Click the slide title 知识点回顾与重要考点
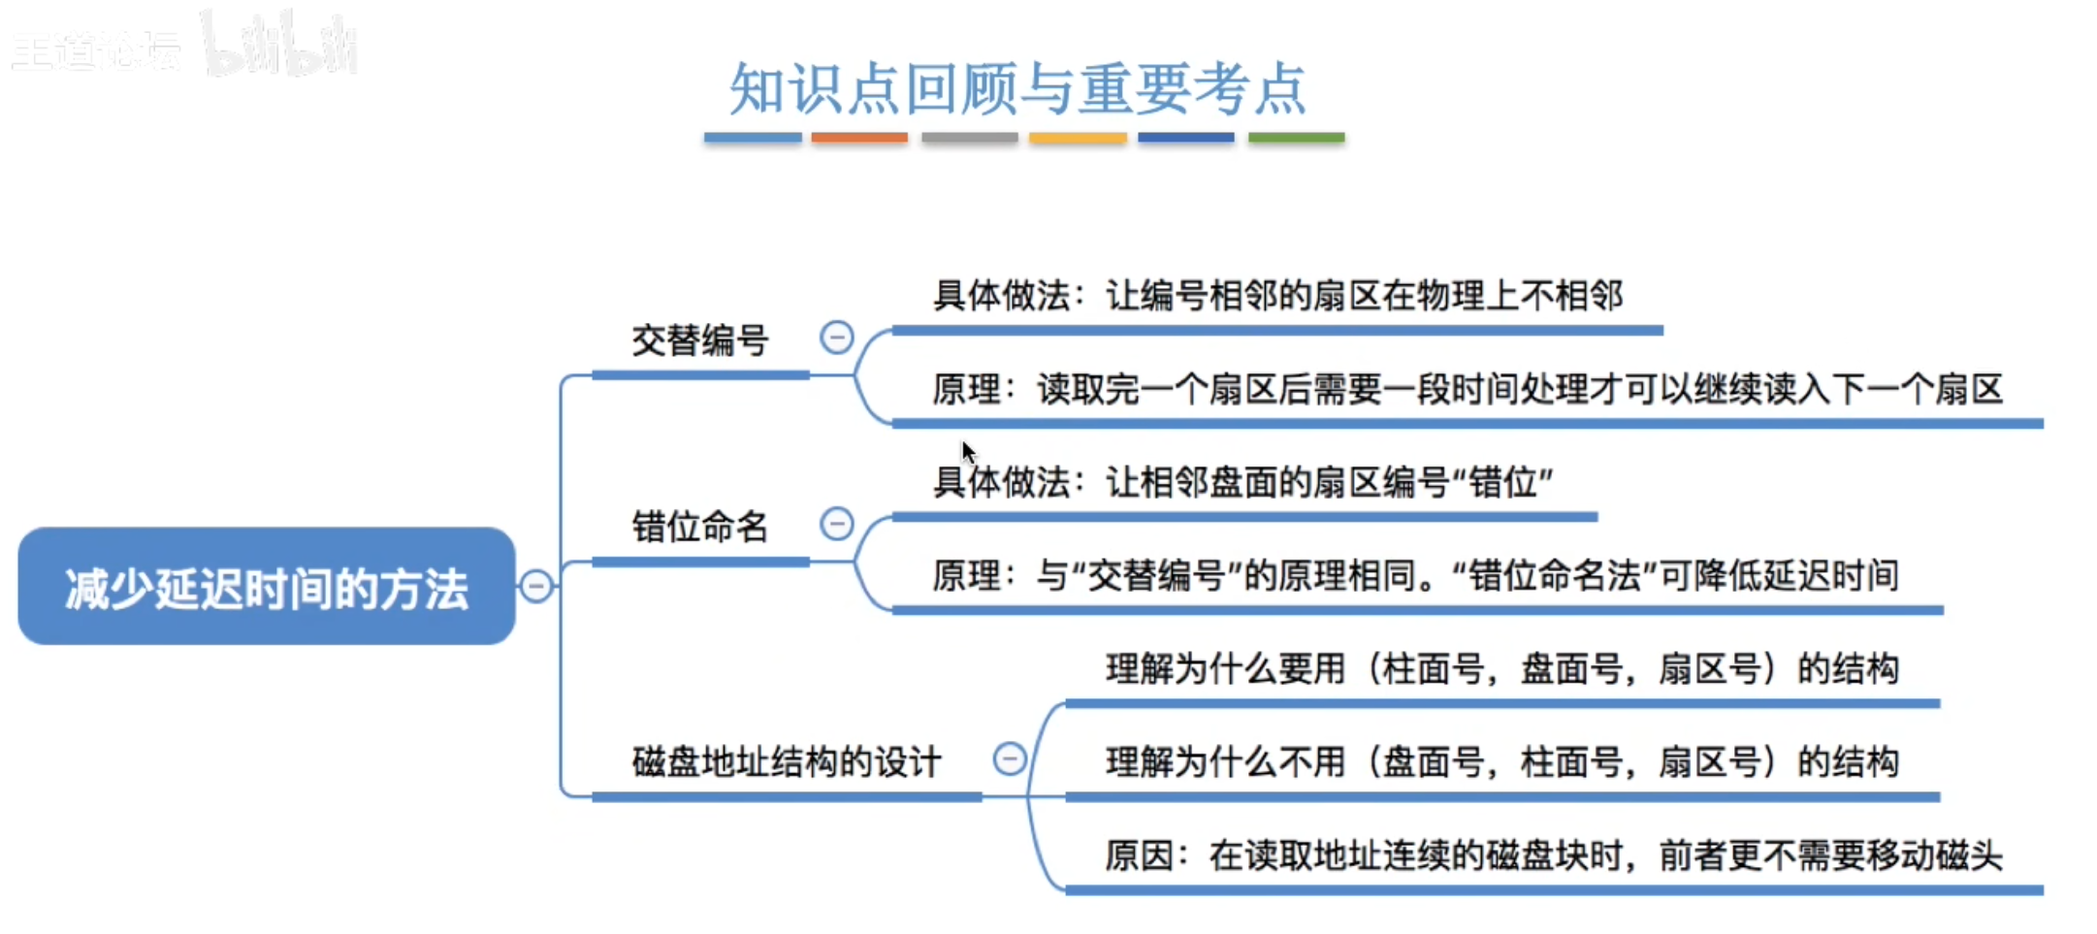[1018, 88]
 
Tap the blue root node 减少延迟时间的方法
[267, 588]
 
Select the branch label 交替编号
[700, 341]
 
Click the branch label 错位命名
[700, 528]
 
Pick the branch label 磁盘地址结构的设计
[786, 762]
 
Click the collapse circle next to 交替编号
[836, 338]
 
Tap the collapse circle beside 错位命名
[836, 524]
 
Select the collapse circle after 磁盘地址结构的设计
[1009, 758]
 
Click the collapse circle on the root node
[535, 586]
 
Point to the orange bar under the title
[859, 138]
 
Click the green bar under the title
[1296, 138]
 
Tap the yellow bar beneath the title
[1078, 138]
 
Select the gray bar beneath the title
[969, 138]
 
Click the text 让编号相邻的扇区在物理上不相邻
[1364, 296]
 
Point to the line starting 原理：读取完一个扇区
[1467, 390]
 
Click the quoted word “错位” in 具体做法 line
[1502, 482]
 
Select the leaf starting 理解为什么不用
[1501, 762]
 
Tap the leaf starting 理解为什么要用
[1501, 669]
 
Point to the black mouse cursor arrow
[967, 451]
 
